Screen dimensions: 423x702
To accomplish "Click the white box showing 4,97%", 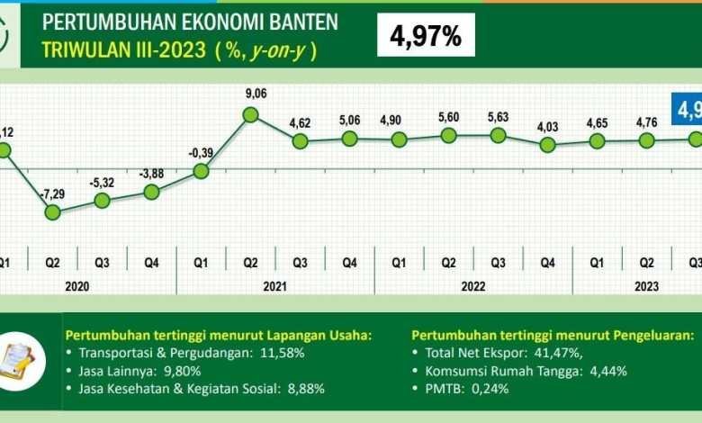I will (x=426, y=35).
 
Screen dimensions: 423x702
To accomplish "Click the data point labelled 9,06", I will (x=251, y=114).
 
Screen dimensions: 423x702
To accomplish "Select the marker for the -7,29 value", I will (x=52, y=211).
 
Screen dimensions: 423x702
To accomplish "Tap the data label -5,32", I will (x=102, y=184).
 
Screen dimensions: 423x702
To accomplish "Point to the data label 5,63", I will (x=498, y=117).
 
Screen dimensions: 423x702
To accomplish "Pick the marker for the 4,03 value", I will (x=547, y=144).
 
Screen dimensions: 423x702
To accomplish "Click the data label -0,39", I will (x=202, y=153).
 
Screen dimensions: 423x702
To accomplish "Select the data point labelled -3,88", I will (x=151, y=191).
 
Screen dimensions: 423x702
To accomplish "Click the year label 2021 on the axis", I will (x=274, y=285).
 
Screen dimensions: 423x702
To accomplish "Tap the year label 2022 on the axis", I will (x=473, y=285).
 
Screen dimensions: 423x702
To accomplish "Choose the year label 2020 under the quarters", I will (x=76, y=285).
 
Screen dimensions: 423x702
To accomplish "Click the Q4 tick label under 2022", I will (x=547, y=263).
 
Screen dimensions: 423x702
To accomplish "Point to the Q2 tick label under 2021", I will (x=250, y=263).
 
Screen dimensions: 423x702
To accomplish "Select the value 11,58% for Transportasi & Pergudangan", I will (x=281, y=353).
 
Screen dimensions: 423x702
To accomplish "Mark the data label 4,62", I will (x=300, y=122).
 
